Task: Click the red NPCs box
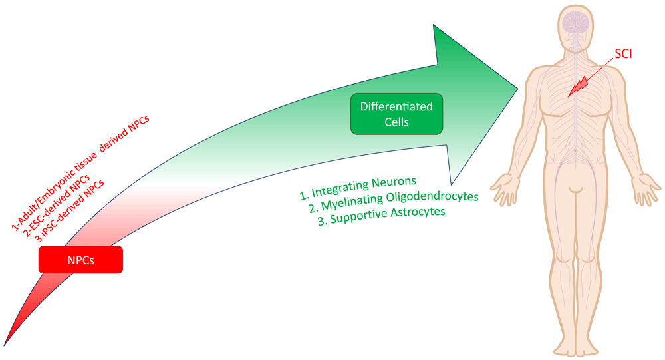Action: pyautogui.click(x=80, y=260)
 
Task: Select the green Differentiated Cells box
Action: pyautogui.click(x=396, y=114)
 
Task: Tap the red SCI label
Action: pyautogui.click(x=623, y=53)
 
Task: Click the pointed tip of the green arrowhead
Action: pyautogui.click(x=518, y=89)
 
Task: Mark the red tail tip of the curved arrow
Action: pyautogui.click(x=4, y=345)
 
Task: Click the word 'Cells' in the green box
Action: pyautogui.click(x=396, y=122)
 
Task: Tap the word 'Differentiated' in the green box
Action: pyautogui.click(x=396, y=106)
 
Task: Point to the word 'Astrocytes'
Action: pyautogui.click(x=418, y=213)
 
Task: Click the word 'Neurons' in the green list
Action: pyautogui.click(x=394, y=183)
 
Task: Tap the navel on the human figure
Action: pyautogui.click(x=575, y=150)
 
